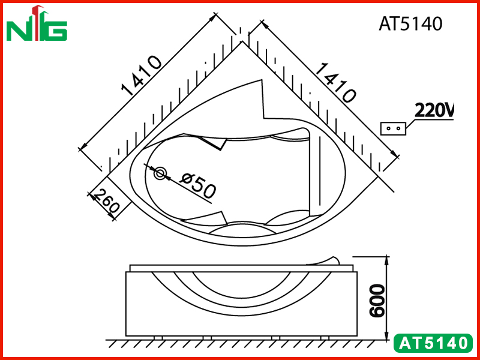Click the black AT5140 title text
[x=410, y=23]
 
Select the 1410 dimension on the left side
[x=141, y=76]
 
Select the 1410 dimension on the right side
[x=335, y=82]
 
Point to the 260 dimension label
[x=106, y=201]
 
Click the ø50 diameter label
[x=198, y=185]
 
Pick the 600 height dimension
[x=377, y=301]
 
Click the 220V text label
[x=434, y=110]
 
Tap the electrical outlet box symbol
[x=393, y=128]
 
